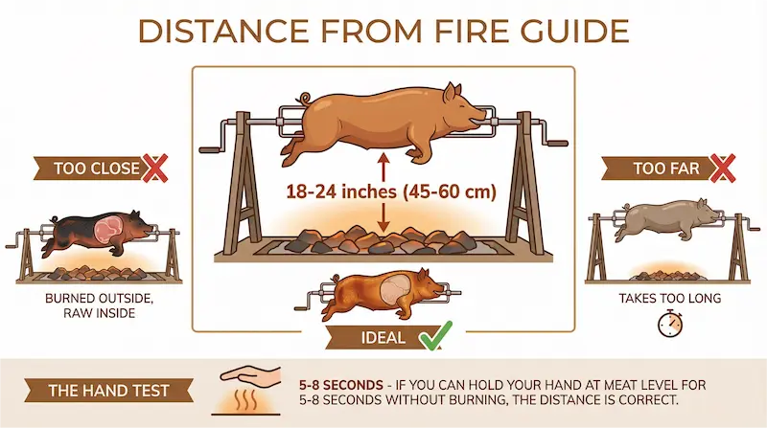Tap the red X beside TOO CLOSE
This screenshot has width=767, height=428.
[x=154, y=169]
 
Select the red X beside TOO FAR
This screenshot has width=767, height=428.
[x=723, y=169]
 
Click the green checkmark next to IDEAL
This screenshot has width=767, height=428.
[x=436, y=336]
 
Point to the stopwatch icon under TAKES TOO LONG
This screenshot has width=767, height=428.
[x=669, y=324]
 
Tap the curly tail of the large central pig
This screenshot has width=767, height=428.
[x=306, y=99]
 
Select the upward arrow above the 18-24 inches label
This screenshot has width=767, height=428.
[x=383, y=167]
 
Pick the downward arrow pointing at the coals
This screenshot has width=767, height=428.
[x=383, y=217]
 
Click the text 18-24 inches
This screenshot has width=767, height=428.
[x=341, y=191]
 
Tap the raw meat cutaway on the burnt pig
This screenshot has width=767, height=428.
[x=110, y=229]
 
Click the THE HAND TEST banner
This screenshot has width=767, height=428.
[x=108, y=391]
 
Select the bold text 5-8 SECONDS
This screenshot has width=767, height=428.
[x=341, y=385]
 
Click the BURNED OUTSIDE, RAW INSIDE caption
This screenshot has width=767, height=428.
[x=100, y=305]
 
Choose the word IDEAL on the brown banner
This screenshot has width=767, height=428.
[x=383, y=338]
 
